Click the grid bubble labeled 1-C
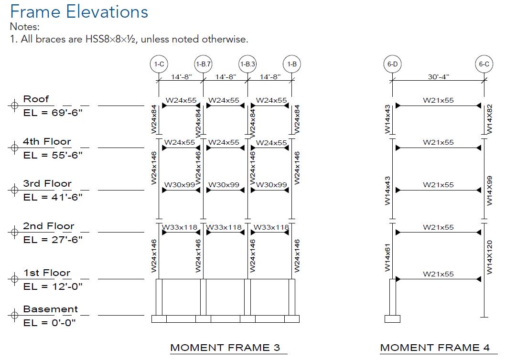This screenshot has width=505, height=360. [x=159, y=64]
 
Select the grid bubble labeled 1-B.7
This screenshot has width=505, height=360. [x=203, y=64]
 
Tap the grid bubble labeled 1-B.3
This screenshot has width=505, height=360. [x=247, y=64]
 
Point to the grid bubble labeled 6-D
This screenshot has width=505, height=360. [x=392, y=64]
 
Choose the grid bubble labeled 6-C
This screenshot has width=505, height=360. [x=484, y=64]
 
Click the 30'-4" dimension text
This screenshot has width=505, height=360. [x=438, y=76]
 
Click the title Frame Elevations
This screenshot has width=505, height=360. [x=79, y=11]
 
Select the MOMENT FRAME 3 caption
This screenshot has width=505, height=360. [x=225, y=348]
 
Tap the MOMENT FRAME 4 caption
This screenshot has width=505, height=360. [x=438, y=348]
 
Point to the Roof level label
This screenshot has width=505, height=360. [x=36, y=99]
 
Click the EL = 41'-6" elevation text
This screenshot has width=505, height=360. [x=53, y=197]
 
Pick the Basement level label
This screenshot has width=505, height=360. [x=50, y=309]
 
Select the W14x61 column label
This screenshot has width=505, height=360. [x=387, y=257]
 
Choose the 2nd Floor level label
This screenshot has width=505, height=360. [x=49, y=226]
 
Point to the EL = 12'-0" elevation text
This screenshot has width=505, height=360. [x=53, y=286]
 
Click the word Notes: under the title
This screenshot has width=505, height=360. [x=24, y=27]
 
